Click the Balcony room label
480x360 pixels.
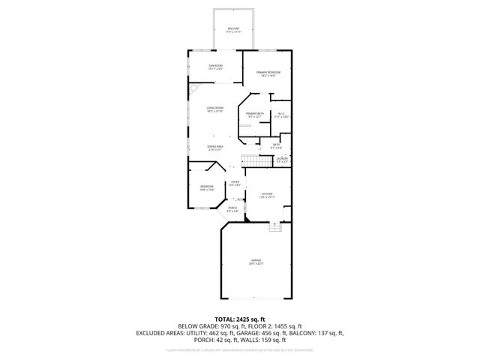tap(234, 30)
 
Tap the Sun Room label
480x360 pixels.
tap(215, 67)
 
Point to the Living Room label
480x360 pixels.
tap(215, 109)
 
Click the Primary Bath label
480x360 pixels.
tap(253, 115)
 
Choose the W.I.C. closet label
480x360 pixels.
tap(280, 115)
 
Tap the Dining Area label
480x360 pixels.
tap(215, 148)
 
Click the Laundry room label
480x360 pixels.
tap(281, 160)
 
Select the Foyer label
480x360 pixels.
tap(235, 183)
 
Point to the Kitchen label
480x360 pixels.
tap(266, 195)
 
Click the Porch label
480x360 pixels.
tap(233, 209)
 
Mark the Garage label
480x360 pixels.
tap(256, 262)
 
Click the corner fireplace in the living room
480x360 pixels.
tap(194, 88)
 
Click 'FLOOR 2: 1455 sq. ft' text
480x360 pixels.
tap(273, 326)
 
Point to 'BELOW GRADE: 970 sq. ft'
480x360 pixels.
tap(209, 326)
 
